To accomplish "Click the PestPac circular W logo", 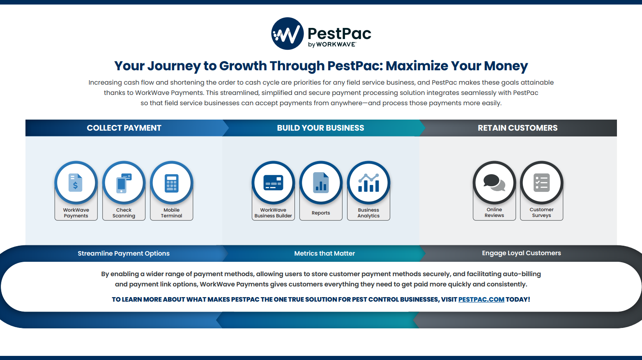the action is point(288,34).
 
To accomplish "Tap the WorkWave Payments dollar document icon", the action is point(76,182).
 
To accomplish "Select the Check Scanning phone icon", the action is point(124,183).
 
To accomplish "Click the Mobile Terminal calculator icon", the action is point(171,183).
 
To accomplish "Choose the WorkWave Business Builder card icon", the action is point(273,182).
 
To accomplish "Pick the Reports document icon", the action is point(321,182).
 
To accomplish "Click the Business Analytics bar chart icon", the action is point(368,183).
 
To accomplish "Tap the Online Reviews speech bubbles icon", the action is point(494,183).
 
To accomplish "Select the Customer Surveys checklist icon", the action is point(541,182).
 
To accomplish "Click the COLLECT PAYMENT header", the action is point(124,128).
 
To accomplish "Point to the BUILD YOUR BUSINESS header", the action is point(320,128).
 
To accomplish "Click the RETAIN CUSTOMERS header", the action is point(518,128).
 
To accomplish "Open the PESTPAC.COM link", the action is point(481,300).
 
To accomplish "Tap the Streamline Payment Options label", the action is point(124,254).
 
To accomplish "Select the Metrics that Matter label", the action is point(324,254).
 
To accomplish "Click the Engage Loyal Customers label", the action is point(521,253).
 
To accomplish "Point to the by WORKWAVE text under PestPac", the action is point(332,44).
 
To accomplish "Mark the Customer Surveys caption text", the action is point(541,212).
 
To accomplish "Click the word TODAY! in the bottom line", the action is point(518,300).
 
